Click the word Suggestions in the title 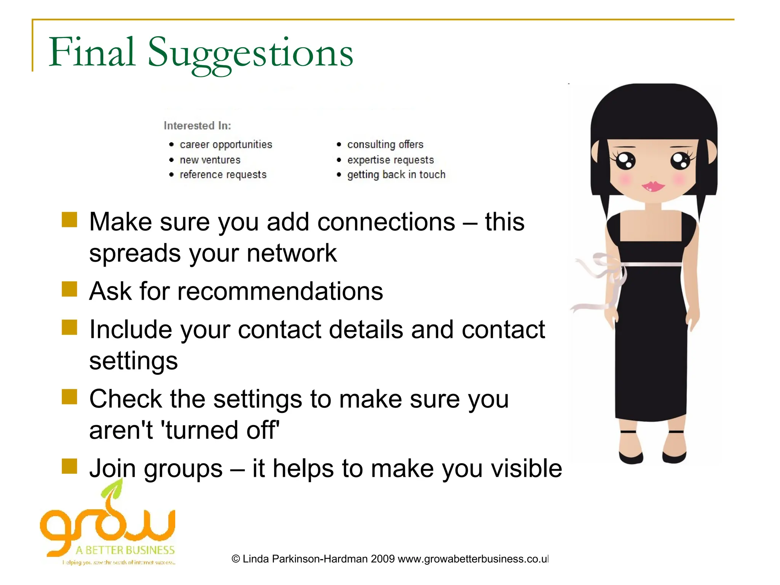coord(250,53)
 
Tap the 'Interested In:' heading coord(197,126)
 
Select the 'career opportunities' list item coord(226,145)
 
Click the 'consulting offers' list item coord(385,145)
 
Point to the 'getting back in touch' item coord(396,175)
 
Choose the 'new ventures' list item coord(210,160)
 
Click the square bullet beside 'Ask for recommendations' coord(69,289)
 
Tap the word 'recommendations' coord(280,291)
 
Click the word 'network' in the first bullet coord(291,253)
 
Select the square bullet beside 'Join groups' coord(69,466)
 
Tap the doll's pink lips coord(653,186)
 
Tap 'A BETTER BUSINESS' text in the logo coord(125,550)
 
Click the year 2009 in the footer coord(382,559)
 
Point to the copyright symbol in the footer coord(236,559)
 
